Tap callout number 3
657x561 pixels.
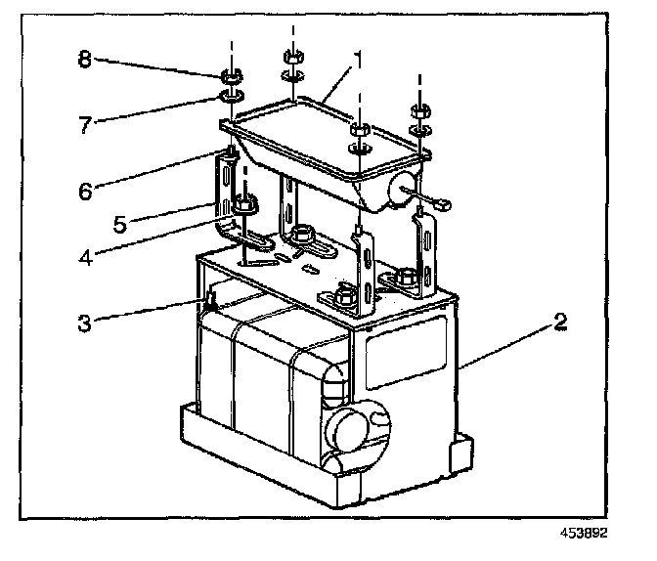[88, 323]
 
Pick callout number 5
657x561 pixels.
[119, 224]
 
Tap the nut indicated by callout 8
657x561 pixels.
[233, 76]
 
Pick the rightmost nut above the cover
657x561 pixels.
[419, 109]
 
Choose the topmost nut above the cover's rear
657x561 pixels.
[291, 55]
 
